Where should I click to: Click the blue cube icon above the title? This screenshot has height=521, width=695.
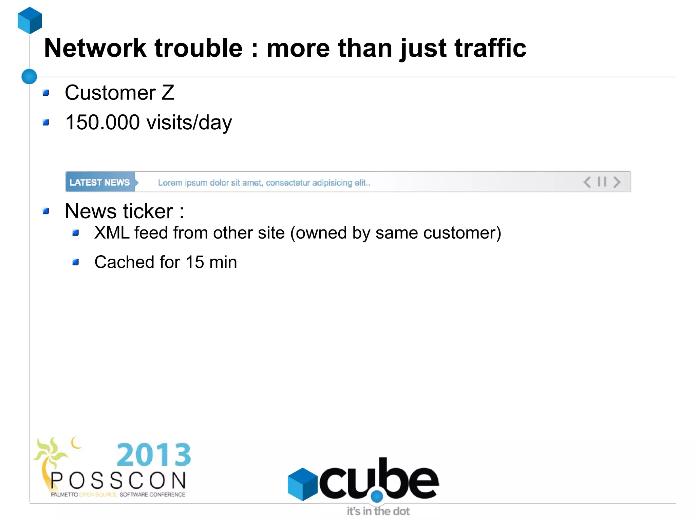30,20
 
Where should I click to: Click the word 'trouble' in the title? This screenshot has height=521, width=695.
199,48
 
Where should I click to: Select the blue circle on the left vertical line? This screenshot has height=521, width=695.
29,76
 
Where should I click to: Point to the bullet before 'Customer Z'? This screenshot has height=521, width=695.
46,93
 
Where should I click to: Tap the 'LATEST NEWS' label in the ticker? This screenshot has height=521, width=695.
100,182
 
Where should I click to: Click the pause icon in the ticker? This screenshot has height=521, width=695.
602,182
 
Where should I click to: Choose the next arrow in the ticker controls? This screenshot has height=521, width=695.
617,182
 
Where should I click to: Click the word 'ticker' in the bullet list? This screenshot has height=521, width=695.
148,211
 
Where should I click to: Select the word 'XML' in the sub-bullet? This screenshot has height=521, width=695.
112,233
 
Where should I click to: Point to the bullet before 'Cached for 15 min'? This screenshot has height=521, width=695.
76,262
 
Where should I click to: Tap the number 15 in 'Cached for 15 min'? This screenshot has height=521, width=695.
195,262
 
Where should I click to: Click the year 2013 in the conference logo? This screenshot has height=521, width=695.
154,455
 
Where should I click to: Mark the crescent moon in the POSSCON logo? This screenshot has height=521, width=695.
76,443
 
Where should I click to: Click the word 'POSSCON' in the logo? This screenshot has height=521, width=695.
118,481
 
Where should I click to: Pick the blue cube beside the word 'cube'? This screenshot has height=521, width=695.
302,484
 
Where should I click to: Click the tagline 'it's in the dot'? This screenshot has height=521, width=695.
378,511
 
